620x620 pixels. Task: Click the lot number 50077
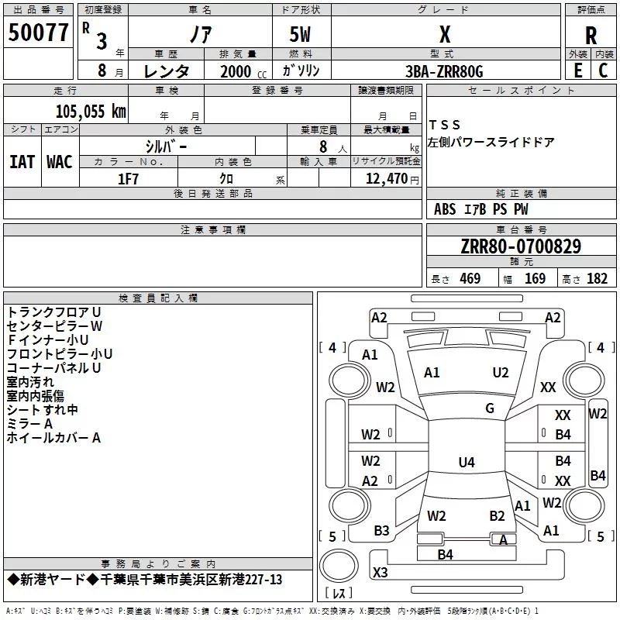(x=38, y=33)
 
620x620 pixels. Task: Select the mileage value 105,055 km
(x=91, y=112)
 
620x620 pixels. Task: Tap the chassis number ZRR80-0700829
(x=521, y=246)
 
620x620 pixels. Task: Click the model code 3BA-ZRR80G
(x=444, y=71)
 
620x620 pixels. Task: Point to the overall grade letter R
(x=591, y=36)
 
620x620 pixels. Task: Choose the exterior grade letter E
(x=577, y=71)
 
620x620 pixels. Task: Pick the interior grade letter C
(x=603, y=71)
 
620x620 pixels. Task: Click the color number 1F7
(x=128, y=179)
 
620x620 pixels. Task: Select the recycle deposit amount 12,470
(x=386, y=179)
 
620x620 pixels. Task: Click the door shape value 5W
(x=300, y=34)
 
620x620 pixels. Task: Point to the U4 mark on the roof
(x=467, y=462)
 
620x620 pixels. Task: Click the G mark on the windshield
(x=490, y=408)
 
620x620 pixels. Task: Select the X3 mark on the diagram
(x=380, y=572)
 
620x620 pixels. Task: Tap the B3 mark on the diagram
(x=381, y=531)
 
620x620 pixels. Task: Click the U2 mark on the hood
(x=501, y=373)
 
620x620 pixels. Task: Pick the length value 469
(x=470, y=279)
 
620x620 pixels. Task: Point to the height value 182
(x=597, y=279)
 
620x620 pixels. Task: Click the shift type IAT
(x=22, y=162)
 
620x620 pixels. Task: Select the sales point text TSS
(x=444, y=125)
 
